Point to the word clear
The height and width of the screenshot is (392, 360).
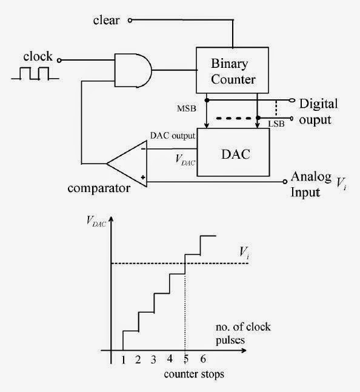[x=107, y=21]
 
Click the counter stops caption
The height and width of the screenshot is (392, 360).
[x=194, y=374]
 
